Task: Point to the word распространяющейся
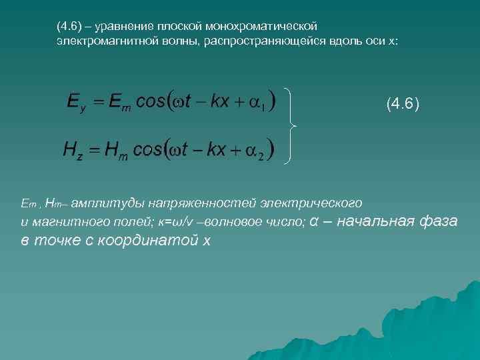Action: pos(269,41)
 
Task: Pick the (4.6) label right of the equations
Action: pos(403,105)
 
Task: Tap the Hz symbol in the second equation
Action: pos(74,150)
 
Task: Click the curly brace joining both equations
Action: pos(291,125)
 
